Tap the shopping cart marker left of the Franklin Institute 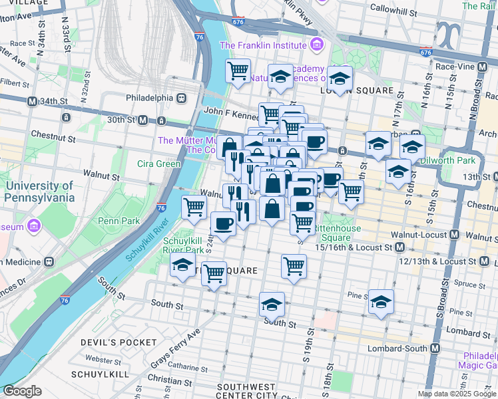point(238,70)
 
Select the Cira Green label point(159,164)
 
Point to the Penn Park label point(117,220)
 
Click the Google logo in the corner point(22,391)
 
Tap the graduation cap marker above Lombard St point(381,301)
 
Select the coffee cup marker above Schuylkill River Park point(224,223)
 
